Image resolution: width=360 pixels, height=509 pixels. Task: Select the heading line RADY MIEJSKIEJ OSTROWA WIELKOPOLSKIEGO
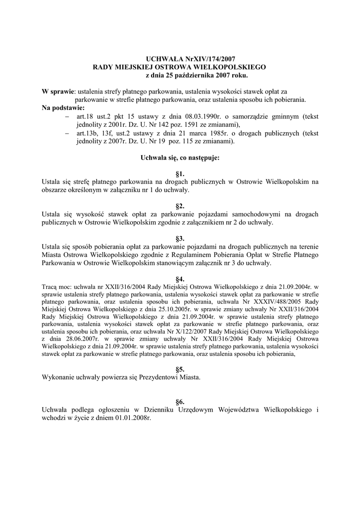pos(180,67)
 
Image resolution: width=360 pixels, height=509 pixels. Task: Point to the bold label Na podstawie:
pos(63,107)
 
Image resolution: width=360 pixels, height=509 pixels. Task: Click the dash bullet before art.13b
pos(68,133)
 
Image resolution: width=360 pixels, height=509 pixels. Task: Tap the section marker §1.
pos(180,174)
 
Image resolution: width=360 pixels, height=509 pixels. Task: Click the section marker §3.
pos(180,239)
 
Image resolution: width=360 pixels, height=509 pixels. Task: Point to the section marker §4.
pos(180,279)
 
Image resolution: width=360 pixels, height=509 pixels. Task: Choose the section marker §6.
pos(180,401)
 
